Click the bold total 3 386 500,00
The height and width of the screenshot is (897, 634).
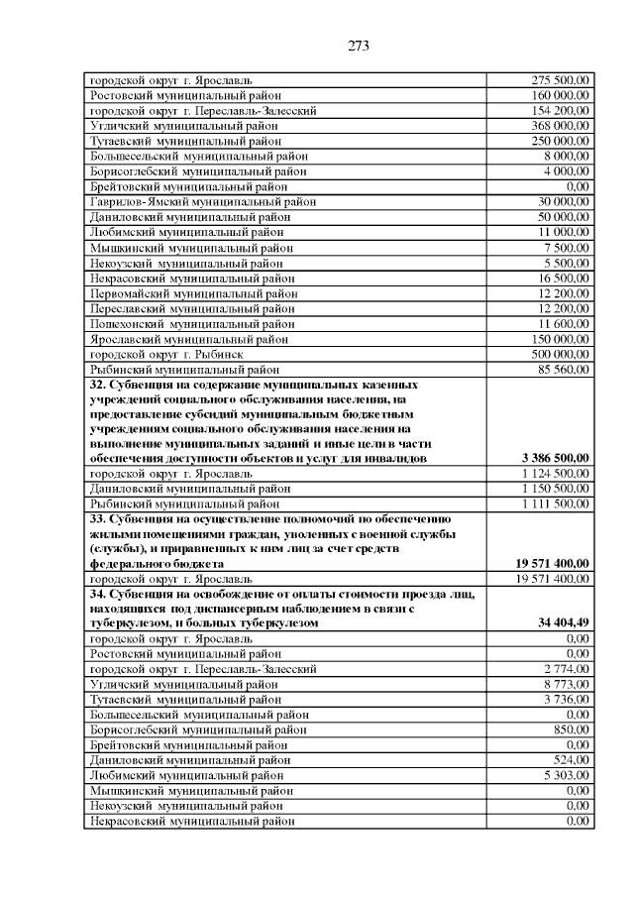556,458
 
